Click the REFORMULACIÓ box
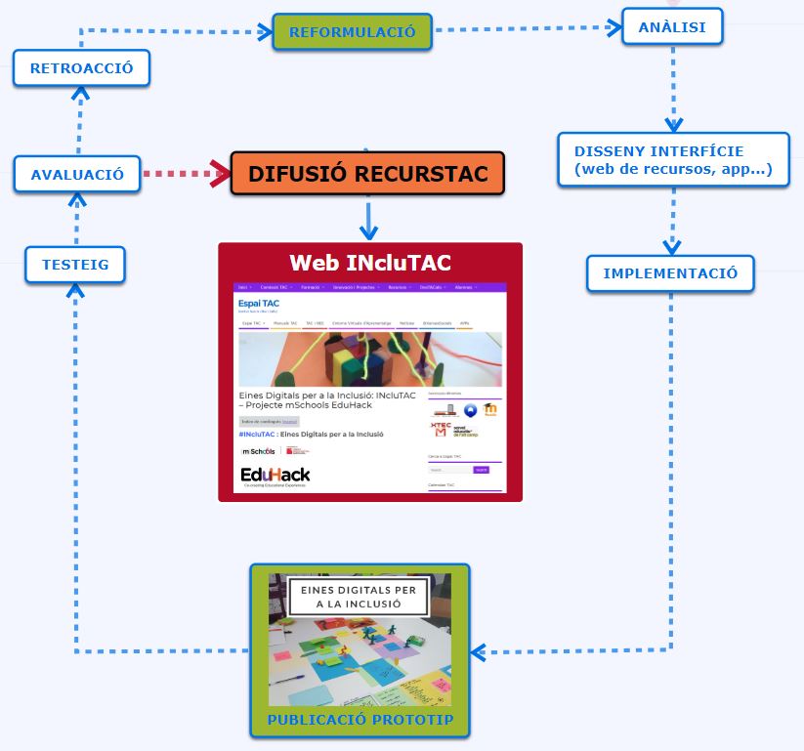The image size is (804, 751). point(352,32)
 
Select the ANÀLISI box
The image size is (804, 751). point(671,27)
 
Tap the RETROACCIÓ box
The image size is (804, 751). point(81,68)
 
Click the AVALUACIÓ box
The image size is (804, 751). point(77,175)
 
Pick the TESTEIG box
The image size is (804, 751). point(75,264)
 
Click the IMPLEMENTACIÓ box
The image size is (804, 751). point(670,273)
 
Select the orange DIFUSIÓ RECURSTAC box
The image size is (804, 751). point(367,174)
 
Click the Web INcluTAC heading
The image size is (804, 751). point(370,263)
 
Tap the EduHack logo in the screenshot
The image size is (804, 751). point(275,476)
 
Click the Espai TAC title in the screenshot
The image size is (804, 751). point(259,304)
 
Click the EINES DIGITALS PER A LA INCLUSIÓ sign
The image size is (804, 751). point(359,597)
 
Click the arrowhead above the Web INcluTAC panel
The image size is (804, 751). point(368,231)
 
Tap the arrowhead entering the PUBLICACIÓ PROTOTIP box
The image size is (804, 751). point(478,651)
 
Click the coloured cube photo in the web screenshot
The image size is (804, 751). point(370,358)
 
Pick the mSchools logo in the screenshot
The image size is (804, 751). point(259,451)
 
